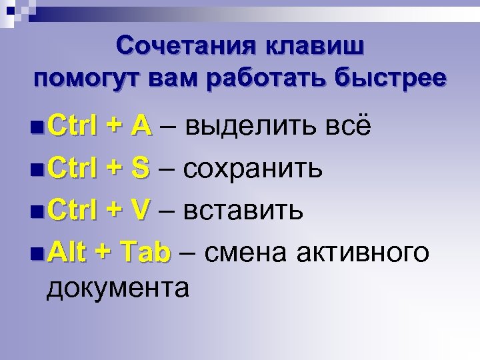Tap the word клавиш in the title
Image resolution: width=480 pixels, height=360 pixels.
point(316,47)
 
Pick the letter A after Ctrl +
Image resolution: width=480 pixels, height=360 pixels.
point(141,125)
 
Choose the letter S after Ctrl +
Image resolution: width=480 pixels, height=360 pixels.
point(141,168)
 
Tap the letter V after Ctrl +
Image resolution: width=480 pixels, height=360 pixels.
point(141,211)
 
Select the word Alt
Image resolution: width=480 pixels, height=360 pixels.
point(68,253)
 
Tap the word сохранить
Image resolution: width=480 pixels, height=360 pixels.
point(254,168)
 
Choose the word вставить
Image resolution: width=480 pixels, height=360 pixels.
point(244,211)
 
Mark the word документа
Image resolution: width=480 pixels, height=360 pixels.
point(117,288)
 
